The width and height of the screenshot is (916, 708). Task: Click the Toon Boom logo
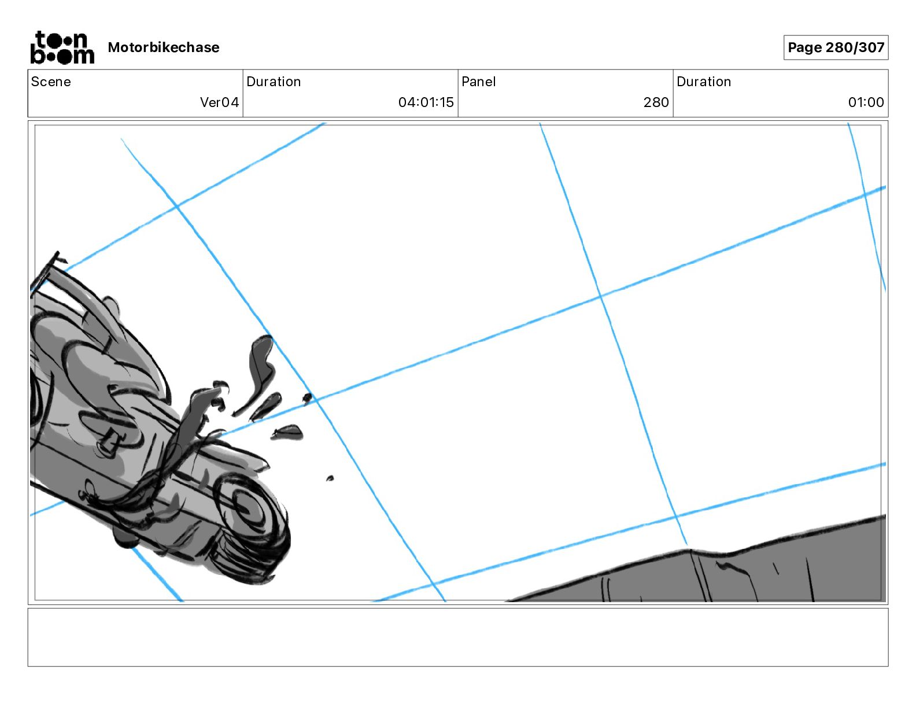tap(62, 47)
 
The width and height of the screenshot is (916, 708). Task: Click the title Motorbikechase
tap(164, 47)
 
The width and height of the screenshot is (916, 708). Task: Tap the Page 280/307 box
tap(836, 47)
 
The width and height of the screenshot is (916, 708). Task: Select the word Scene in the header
tap(51, 82)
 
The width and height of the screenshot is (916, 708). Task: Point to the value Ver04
tap(219, 102)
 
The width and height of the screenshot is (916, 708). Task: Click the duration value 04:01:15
tap(426, 102)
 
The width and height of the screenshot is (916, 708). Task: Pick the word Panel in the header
tap(478, 82)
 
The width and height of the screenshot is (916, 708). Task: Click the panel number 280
tap(656, 102)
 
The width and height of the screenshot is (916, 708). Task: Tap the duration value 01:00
tap(866, 102)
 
